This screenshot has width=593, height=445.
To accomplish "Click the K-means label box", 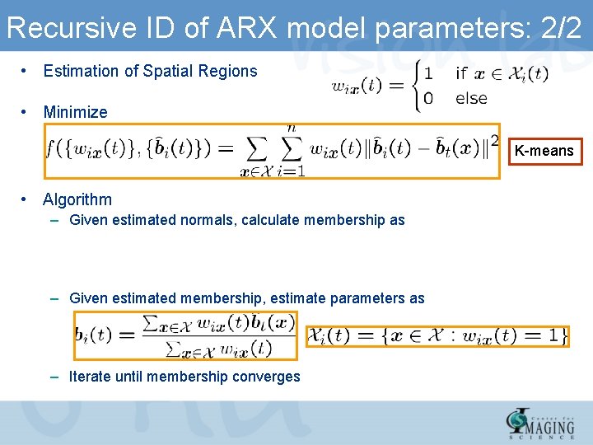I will point(544,151).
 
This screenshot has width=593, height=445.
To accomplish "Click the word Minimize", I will point(75,112).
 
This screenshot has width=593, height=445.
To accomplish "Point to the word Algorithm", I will point(77,199).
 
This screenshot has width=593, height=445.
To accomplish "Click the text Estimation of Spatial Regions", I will point(150,71).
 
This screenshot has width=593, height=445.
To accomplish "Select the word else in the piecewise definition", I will point(471,98).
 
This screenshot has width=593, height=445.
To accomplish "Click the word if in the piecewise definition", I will point(460,73).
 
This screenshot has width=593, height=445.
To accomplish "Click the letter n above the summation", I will point(291,128).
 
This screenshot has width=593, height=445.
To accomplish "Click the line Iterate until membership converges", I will point(184,377).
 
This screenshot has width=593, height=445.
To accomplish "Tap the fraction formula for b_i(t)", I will point(186,335).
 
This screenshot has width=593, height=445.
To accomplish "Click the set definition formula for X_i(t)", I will point(437,335).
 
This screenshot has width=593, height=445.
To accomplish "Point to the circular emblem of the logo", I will point(519,422).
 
